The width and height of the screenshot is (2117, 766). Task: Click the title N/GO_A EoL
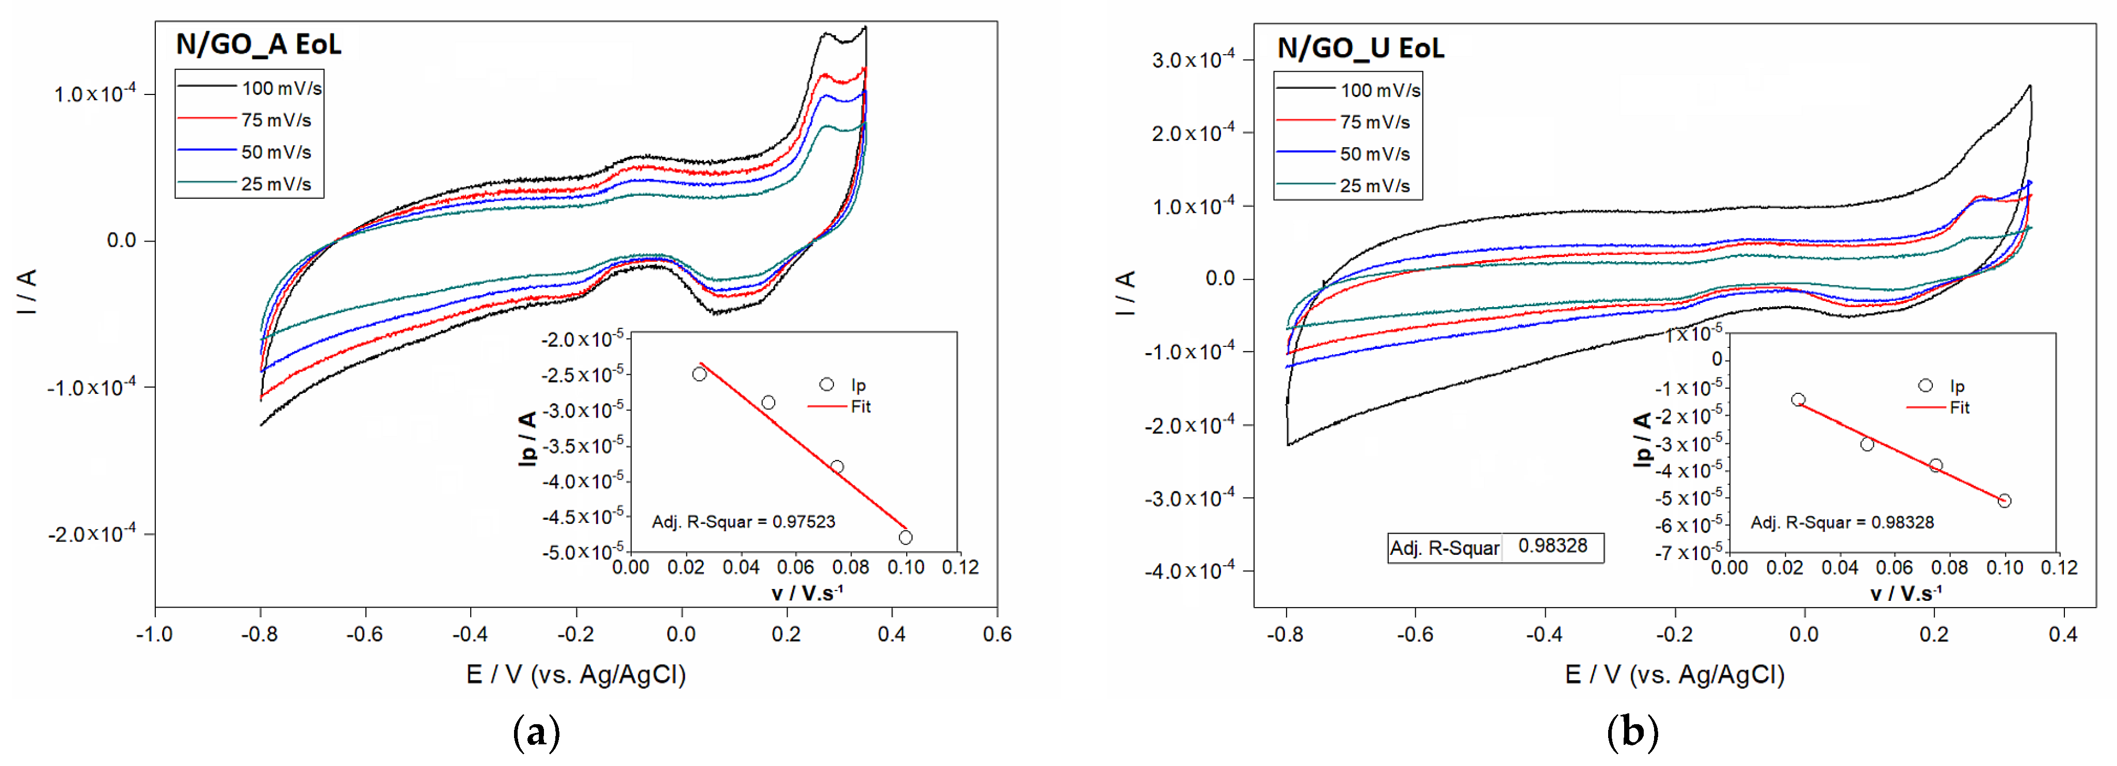pos(259,44)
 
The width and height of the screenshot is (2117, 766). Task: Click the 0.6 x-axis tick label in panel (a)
pos(997,634)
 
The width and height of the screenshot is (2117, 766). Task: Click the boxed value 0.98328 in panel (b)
pos(1552,546)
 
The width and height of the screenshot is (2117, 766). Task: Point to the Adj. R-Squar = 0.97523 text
pos(743,522)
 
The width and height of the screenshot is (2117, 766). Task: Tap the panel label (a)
pos(536,731)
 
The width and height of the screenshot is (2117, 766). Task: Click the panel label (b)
pos(1632,731)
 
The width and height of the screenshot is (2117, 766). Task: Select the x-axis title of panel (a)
pos(575,675)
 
